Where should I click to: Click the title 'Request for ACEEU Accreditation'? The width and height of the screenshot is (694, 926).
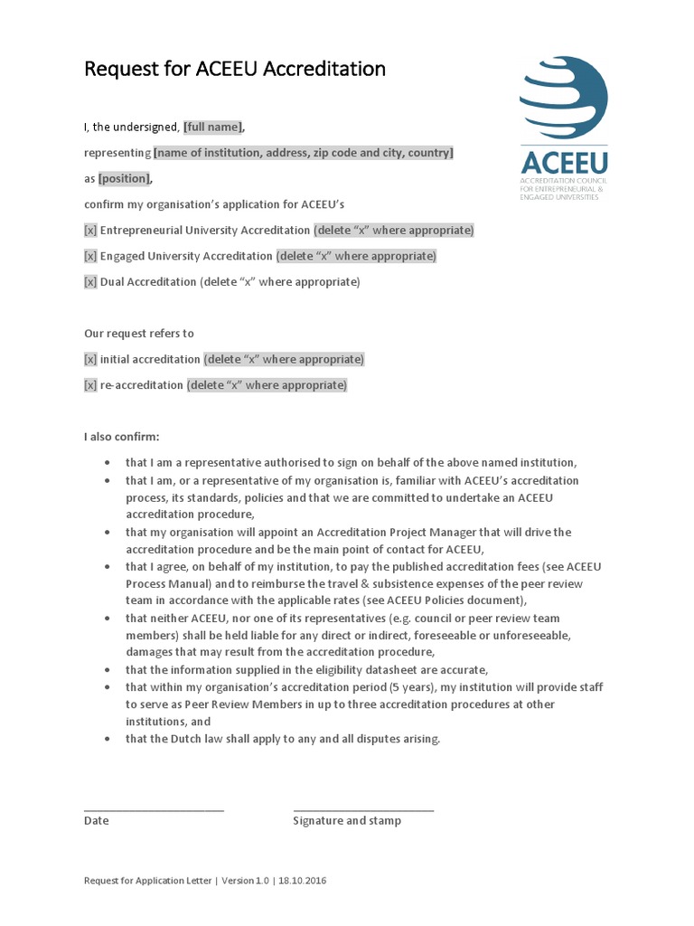tap(235, 69)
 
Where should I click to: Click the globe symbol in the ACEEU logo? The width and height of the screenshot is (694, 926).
tap(564, 98)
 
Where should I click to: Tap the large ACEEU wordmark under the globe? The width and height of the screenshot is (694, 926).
tap(564, 163)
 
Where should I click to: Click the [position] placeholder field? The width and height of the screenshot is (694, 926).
tap(125, 179)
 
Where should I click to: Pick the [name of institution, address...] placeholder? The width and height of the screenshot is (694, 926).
tap(304, 153)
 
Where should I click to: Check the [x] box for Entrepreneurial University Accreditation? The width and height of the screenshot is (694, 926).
tap(90, 231)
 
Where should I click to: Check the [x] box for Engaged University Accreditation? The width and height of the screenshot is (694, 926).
tap(90, 256)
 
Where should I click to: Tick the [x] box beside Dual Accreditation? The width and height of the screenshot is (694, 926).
tap(90, 282)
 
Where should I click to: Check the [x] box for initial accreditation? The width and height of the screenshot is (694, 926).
tap(90, 360)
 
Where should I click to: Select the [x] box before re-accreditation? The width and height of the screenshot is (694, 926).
tap(90, 385)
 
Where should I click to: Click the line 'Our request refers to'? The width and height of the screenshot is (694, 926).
tap(139, 334)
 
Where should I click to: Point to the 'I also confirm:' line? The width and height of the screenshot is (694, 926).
tap(122, 437)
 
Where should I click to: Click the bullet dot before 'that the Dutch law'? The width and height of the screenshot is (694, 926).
tap(108, 740)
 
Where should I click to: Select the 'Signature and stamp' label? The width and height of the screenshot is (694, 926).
tap(347, 821)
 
